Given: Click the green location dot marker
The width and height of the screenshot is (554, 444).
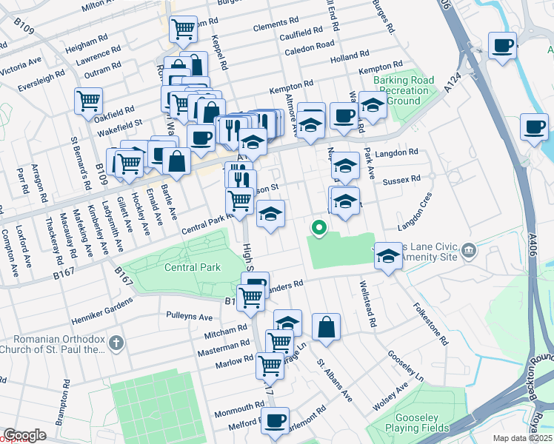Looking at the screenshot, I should (319, 228).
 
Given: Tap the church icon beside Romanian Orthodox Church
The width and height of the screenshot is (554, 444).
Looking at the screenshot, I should (116, 343).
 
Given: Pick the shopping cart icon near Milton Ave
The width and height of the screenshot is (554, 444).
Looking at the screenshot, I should (183, 30).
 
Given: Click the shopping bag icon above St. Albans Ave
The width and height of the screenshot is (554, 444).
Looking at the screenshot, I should (326, 326).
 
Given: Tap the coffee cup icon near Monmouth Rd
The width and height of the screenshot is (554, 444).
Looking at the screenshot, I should (276, 420).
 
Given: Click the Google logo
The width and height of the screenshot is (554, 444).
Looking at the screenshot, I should (24, 434).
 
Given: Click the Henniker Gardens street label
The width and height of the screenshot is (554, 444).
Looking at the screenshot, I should (101, 309).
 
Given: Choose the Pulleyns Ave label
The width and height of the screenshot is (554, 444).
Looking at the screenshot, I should (190, 316).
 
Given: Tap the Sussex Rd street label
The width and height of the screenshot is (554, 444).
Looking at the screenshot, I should (404, 179).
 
